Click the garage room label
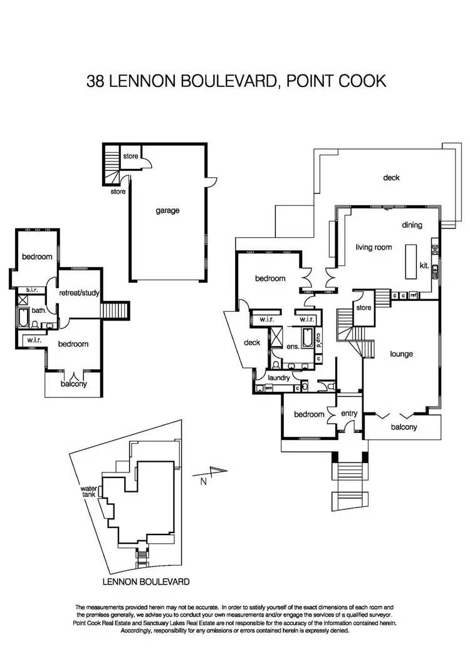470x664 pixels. (168, 211)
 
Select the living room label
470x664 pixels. (373, 247)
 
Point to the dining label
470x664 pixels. (412, 225)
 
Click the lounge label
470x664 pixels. (400, 354)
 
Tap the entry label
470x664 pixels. (348, 414)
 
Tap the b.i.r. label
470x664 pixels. (30, 290)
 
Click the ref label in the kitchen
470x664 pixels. (414, 295)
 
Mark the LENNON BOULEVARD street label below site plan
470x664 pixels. (145, 581)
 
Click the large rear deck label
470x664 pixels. (392, 178)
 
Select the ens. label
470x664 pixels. (291, 345)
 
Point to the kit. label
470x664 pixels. (424, 266)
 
